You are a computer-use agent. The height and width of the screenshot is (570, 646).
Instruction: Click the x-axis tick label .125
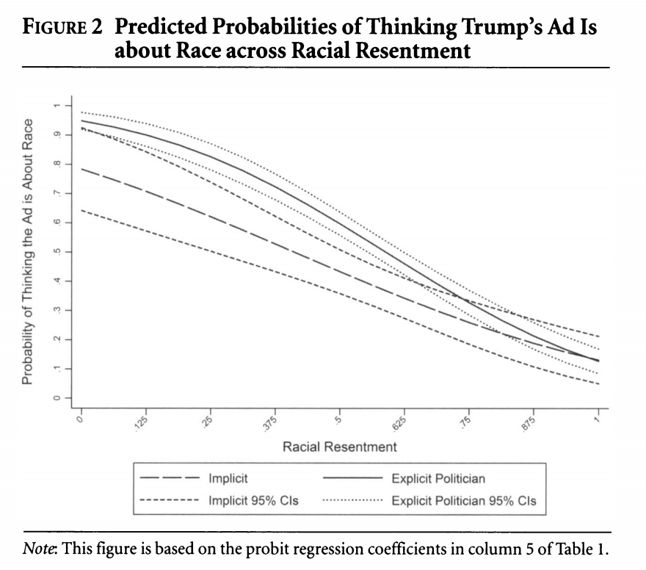tap(141, 423)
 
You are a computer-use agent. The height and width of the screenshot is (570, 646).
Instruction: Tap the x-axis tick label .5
tap(338, 420)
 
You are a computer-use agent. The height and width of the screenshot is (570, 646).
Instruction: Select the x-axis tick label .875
tap(529, 423)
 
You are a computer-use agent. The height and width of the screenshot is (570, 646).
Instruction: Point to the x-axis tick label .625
tap(399, 423)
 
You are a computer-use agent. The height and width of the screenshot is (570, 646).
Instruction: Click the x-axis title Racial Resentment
tap(339, 447)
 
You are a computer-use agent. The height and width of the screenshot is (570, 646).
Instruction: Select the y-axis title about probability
tap(27, 252)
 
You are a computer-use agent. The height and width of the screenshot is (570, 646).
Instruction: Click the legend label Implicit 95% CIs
tap(253, 500)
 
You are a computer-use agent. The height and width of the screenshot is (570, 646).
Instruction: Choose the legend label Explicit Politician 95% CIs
tap(464, 501)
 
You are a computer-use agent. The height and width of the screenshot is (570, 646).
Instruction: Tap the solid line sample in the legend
tap(352, 478)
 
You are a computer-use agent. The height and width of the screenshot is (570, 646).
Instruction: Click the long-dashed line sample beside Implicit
tap(170, 478)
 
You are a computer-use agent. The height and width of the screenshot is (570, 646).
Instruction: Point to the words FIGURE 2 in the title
tap(62, 27)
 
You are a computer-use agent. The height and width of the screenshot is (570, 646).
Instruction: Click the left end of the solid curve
tap(81, 120)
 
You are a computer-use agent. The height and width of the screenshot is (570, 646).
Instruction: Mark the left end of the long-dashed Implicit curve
tap(81, 169)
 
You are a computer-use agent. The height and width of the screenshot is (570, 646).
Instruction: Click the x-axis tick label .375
tap(270, 423)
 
